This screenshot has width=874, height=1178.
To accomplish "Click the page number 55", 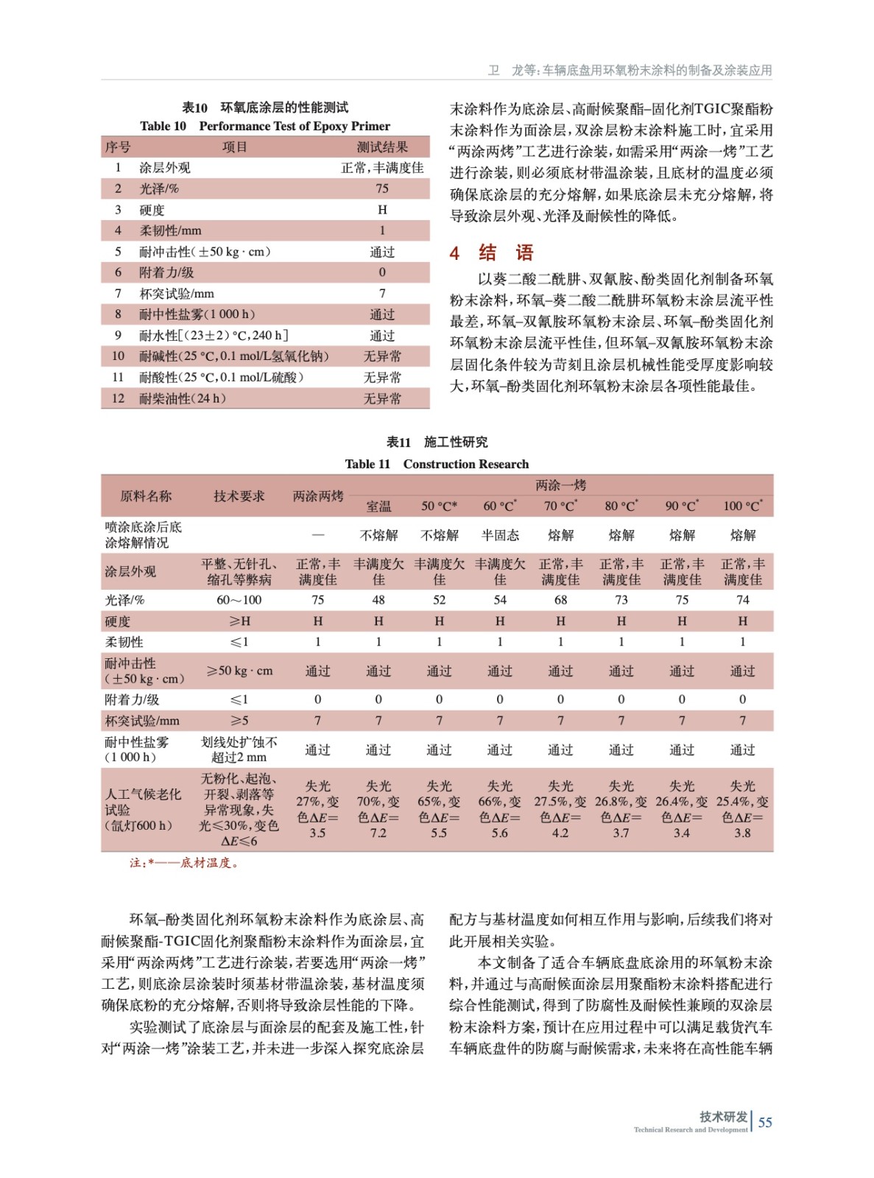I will pyautogui.click(x=765, y=1122).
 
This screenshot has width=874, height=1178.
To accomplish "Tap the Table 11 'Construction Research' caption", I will pyautogui.click(x=437, y=464).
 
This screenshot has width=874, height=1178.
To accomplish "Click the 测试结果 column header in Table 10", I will pyautogui.click(x=382, y=147).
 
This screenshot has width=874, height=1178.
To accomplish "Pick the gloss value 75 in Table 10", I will pyautogui.click(x=382, y=188).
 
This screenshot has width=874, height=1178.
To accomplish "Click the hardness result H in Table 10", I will pyautogui.click(x=382, y=210).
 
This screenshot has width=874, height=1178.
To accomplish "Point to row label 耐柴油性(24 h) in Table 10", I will pyautogui.click(x=183, y=398).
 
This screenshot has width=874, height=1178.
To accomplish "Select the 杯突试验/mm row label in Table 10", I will pyautogui.click(x=177, y=294).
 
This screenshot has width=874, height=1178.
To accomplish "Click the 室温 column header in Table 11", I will pyautogui.click(x=378, y=506).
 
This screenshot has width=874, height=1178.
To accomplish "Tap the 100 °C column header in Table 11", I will pyautogui.click(x=742, y=506).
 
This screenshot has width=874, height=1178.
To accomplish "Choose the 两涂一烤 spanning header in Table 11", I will pyautogui.click(x=560, y=485).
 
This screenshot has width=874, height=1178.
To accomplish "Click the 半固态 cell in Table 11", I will pyautogui.click(x=500, y=535).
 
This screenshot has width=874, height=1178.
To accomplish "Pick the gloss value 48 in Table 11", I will pyautogui.click(x=378, y=600).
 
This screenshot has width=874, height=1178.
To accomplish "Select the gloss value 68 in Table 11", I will pyautogui.click(x=560, y=600).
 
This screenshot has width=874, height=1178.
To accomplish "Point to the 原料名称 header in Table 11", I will pyautogui.click(x=146, y=496).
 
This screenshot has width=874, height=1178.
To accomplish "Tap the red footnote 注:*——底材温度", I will pyautogui.click(x=184, y=863).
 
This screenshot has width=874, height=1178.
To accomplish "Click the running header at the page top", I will pyautogui.click(x=630, y=70).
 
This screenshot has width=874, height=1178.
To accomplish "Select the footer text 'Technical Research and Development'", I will pyautogui.click(x=690, y=1129).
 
